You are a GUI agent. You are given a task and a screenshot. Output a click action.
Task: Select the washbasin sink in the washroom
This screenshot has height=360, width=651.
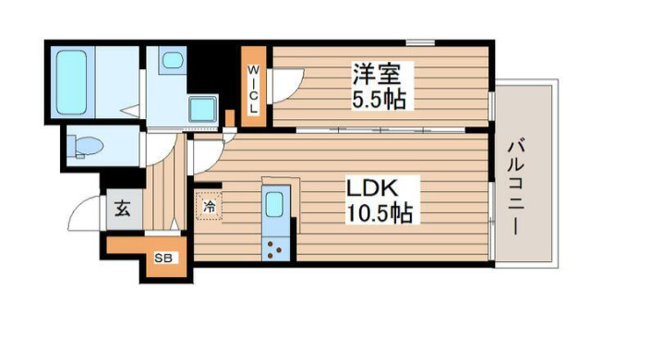(x=173, y=62)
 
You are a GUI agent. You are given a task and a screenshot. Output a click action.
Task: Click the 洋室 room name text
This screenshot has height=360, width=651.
(x=378, y=72)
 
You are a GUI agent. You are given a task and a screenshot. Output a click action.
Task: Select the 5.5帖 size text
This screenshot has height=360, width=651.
(x=378, y=98)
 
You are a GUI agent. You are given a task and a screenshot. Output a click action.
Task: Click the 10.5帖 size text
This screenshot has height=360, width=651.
(x=379, y=214)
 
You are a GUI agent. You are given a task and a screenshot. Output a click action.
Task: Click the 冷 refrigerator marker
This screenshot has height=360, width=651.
(x=209, y=206)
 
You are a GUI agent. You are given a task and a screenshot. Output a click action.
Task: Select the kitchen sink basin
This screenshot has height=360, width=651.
(x=275, y=206)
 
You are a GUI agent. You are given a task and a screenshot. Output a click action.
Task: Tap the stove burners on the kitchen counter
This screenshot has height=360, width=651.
(x=275, y=246)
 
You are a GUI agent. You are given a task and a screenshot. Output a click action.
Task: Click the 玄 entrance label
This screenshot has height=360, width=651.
(x=123, y=209)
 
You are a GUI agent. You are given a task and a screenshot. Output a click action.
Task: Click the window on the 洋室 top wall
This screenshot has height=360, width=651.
(x=421, y=41)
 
